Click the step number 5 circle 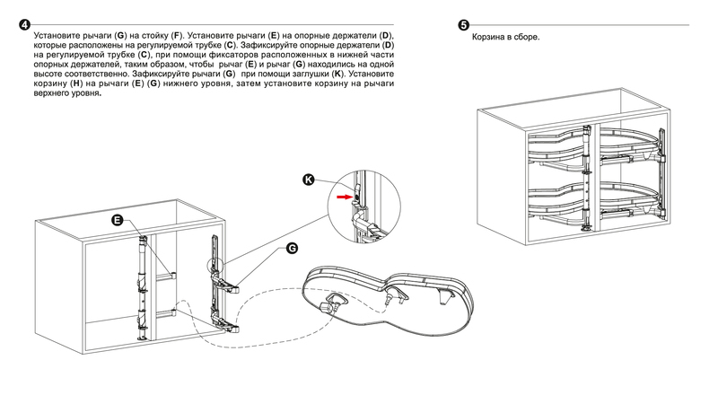463,24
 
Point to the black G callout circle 292,248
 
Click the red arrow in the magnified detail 345,192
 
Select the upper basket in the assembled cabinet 592,148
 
